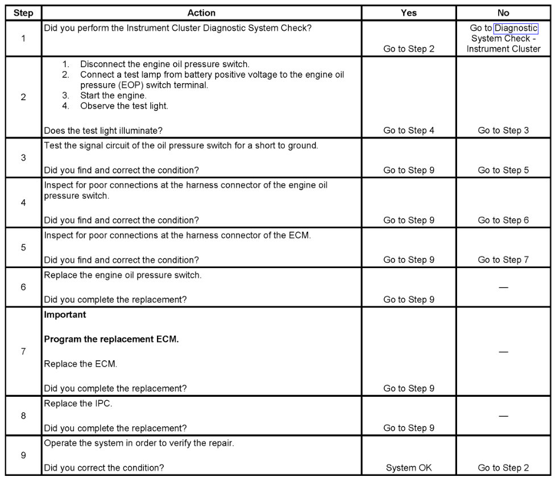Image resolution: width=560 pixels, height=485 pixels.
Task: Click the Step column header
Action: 23,13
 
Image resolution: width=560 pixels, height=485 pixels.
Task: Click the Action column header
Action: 201,13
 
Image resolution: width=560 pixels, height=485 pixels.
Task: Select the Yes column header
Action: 408,13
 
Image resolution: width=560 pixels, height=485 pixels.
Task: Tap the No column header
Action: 503,13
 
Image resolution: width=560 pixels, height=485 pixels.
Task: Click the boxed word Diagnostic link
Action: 516,28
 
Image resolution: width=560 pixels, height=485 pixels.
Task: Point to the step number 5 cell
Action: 23,248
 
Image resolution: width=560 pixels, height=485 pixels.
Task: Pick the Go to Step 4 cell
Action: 408,130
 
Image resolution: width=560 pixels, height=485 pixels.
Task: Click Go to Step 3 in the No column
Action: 503,130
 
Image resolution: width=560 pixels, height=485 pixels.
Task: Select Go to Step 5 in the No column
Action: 503,170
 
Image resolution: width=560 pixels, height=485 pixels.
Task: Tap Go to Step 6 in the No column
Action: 503,220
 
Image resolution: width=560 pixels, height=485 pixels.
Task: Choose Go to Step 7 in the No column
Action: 503,260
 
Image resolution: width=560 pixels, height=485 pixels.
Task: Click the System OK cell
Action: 408,468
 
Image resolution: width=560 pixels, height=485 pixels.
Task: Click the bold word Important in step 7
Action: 65,314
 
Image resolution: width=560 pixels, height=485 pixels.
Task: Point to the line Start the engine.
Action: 113,96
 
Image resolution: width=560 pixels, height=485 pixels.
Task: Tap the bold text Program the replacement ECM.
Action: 111,339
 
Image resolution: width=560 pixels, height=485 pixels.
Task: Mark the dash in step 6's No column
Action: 503,287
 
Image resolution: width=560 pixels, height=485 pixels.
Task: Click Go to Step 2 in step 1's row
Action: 408,49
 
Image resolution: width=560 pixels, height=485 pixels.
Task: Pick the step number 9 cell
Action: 23,455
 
